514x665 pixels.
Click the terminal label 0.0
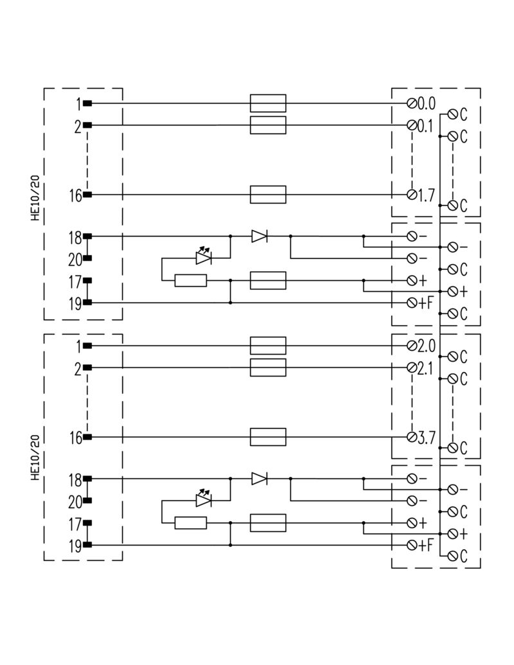pyautogui.click(x=426, y=103)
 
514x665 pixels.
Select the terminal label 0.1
pyautogui.click(x=426, y=125)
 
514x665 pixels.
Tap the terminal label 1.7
pyautogui.click(x=426, y=195)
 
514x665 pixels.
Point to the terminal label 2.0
pyautogui.click(x=426, y=346)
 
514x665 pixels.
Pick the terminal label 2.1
pyautogui.click(x=426, y=368)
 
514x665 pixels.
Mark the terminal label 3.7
pyautogui.click(x=426, y=438)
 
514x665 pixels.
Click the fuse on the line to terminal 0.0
pyautogui.click(x=267, y=103)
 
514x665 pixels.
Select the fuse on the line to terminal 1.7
pyautogui.click(x=267, y=195)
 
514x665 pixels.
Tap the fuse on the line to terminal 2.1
pyautogui.click(x=267, y=368)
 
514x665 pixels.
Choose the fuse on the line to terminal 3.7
pyautogui.click(x=267, y=438)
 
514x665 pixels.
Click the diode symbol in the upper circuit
pyautogui.click(x=260, y=236)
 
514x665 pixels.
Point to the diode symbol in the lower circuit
pyautogui.click(x=260, y=479)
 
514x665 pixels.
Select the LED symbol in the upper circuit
pyautogui.click(x=204, y=257)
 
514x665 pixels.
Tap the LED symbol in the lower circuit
pyautogui.click(x=204, y=499)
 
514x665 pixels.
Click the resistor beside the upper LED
pyautogui.click(x=191, y=280)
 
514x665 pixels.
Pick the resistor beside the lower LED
pyautogui.click(x=191, y=522)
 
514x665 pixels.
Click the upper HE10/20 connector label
pyautogui.click(x=35, y=199)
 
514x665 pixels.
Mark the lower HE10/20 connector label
pyautogui.click(x=35, y=457)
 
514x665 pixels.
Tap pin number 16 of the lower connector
pyautogui.click(x=75, y=438)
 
